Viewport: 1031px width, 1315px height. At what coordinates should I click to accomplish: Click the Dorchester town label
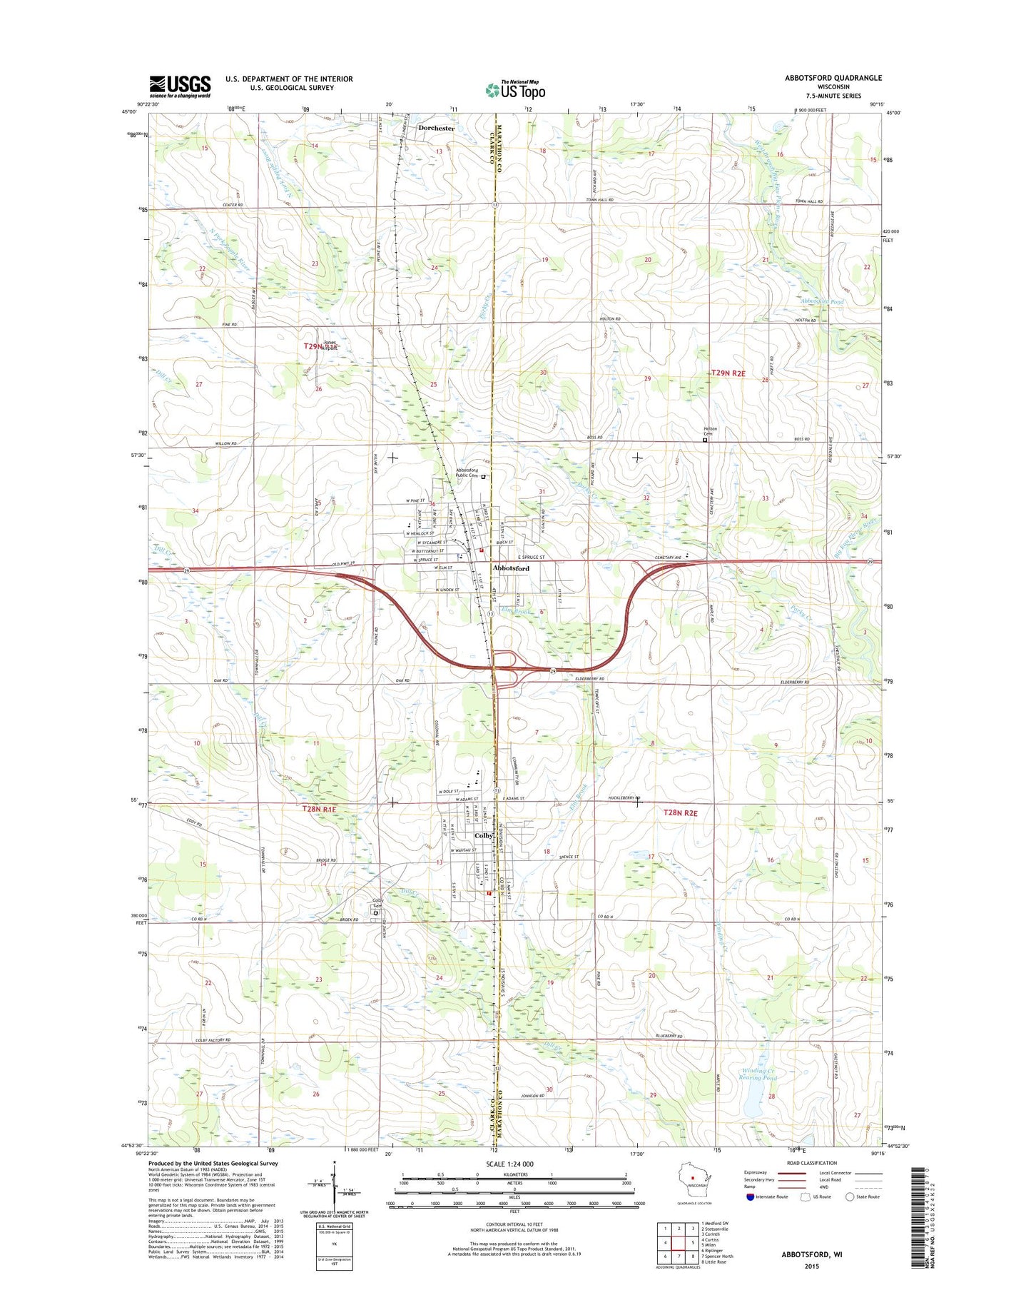click(436, 129)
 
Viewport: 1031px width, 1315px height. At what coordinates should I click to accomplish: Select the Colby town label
click(484, 836)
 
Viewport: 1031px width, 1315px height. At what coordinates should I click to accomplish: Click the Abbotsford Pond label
click(822, 302)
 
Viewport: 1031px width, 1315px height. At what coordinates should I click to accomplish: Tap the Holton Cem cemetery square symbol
click(705, 440)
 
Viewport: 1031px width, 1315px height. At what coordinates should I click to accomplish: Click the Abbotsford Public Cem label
click(467, 473)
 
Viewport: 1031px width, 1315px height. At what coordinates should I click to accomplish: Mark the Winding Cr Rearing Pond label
click(757, 1074)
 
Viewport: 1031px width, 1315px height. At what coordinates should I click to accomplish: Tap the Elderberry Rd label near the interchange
click(590, 679)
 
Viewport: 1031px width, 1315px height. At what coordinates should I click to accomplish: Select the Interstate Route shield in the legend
click(750, 1196)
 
